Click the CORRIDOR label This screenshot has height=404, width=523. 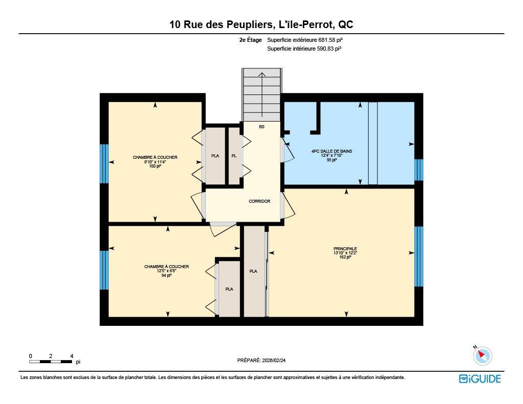click(259, 201)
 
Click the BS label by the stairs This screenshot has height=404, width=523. click(261, 127)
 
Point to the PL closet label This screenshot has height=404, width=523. click(233, 156)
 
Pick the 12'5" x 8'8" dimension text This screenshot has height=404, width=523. click(166, 271)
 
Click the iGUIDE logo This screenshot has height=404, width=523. click(480, 378)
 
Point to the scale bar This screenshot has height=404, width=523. click(51, 362)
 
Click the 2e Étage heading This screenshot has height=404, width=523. click(250, 39)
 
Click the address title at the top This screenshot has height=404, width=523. click(261, 24)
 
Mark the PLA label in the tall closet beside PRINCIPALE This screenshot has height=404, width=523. click(253, 271)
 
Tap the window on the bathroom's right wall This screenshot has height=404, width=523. click(418, 170)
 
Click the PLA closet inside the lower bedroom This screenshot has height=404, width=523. click(229, 289)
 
